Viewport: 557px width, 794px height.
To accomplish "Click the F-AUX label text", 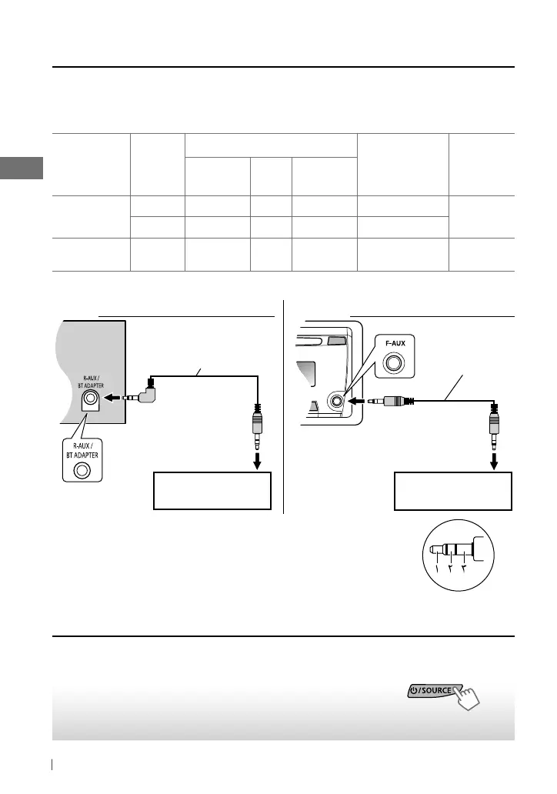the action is (x=395, y=343).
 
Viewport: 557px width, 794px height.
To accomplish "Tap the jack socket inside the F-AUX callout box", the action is (x=394, y=362).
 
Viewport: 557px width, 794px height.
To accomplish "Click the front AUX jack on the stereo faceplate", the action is (x=336, y=401).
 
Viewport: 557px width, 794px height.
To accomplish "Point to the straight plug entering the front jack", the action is (x=391, y=402).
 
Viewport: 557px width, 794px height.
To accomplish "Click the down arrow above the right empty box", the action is (x=494, y=462).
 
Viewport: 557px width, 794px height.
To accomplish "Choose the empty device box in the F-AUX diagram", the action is (x=452, y=491).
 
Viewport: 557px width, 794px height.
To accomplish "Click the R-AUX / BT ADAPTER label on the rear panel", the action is (x=91, y=382).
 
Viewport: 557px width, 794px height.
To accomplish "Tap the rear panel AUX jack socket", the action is (x=91, y=398).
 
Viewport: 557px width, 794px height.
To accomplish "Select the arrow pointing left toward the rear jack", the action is (x=112, y=398).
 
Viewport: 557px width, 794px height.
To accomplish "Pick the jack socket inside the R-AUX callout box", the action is (x=82, y=471).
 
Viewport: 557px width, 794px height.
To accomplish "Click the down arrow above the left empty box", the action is (x=258, y=462).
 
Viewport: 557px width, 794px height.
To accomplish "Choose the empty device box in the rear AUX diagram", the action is (x=212, y=491).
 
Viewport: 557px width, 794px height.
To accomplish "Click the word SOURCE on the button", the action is (x=436, y=690).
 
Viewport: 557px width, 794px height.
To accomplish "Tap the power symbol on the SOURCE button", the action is (x=414, y=691).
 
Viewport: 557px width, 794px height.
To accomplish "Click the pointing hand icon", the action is (x=467, y=698).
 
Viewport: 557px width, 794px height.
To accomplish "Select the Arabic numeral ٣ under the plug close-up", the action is (x=464, y=569).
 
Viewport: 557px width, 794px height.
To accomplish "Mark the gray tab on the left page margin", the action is (x=22, y=168).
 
